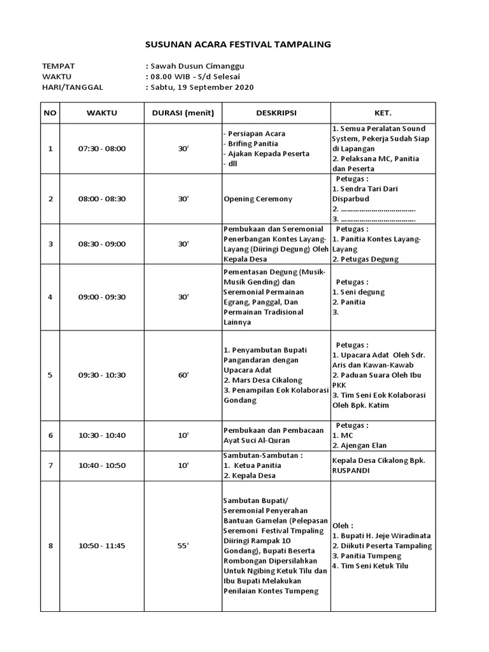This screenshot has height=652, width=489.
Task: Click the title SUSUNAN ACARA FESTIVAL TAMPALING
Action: [238, 45]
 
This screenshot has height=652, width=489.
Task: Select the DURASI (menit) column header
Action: [183, 113]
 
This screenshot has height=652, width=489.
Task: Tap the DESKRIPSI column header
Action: [276, 113]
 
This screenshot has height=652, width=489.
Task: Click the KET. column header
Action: [382, 113]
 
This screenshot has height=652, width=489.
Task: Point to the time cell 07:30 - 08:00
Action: [102, 148]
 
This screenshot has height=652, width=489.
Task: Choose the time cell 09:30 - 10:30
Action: [102, 375]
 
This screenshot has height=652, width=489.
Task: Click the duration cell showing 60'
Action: [183, 375]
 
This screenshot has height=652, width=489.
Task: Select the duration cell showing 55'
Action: [183, 546]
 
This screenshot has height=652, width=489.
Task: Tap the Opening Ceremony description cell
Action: [258, 199]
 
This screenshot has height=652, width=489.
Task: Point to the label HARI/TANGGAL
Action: [72, 87]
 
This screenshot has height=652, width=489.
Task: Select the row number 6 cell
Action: [50, 436]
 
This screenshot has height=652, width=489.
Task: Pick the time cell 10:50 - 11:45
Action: [102, 546]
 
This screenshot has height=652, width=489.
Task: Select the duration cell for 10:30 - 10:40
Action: [183, 436]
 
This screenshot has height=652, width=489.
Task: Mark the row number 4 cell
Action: [50, 297]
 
